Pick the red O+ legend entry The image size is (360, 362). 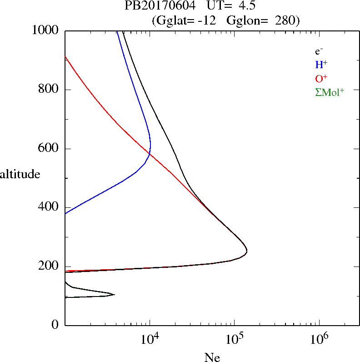pos(321,78)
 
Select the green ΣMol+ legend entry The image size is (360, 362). pos(329,92)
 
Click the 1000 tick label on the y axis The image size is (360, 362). pos(46,30)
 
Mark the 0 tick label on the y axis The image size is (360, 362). pos(55,325)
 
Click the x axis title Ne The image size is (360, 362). pos(212,357)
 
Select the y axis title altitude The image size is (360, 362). pos(20,174)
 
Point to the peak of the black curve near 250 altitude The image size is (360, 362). pos(247,251)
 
